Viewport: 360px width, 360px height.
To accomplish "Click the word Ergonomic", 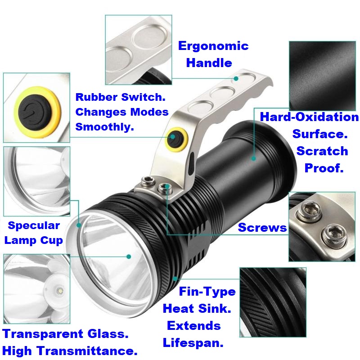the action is (x=213, y=46).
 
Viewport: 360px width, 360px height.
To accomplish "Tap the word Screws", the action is (x=262, y=228).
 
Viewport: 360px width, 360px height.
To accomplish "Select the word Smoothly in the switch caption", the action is (x=104, y=127).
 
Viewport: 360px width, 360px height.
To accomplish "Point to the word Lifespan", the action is (x=193, y=343).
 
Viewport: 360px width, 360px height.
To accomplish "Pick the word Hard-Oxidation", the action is (x=309, y=117).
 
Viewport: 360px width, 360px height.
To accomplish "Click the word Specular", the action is (x=34, y=225).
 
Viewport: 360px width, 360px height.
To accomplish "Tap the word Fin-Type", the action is (x=207, y=292).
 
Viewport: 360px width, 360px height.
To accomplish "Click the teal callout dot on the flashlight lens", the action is (x=129, y=256).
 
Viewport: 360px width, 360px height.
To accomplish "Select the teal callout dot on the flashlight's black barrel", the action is (x=254, y=158).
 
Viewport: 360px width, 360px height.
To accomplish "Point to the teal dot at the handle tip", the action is (x=236, y=78).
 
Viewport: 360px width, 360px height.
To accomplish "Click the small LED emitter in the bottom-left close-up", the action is (x=60, y=291).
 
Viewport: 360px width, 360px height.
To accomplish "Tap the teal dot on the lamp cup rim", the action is (x=79, y=225).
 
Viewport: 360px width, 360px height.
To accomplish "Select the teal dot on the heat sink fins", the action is (x=175, y=279).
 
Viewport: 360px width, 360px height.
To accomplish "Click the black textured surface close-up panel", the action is (x=322, y=76).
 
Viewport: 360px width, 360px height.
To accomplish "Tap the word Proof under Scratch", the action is (x=324, y=168).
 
